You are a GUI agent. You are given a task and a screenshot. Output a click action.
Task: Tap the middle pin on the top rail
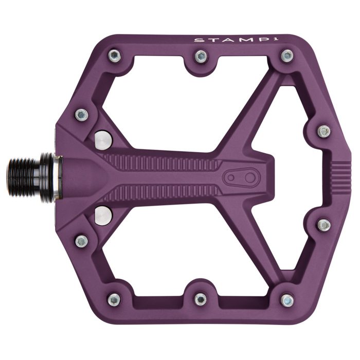pyautogui.click(x=201, y=56)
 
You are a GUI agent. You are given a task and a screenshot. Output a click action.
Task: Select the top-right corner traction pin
pyautogui.click(x=287, y=55)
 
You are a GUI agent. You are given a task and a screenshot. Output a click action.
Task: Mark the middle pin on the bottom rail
pyautogui.click(x=201, y=299)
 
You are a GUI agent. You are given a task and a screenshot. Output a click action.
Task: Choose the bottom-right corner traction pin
pyautogui.click(x=287, y=299)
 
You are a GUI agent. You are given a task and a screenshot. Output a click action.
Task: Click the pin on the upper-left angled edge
pyautogui.click(x=81, y=114)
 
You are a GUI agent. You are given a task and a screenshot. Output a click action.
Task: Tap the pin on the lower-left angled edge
pyautogui.click(x=81, y=240)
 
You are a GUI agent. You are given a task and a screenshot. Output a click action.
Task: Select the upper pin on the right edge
pyautogui.click(x=323, y=131)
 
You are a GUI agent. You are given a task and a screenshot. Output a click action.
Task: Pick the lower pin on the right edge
pyautogui.click(x=323, y=225)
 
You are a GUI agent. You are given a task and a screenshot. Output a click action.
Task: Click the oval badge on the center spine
pyautogui.click(x=242, y=177)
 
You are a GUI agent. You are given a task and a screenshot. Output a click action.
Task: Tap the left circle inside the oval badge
pyautogui.click(x=231, y=177)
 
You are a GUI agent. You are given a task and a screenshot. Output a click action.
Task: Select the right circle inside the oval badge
pyautogui.click(x=251, y=177)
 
